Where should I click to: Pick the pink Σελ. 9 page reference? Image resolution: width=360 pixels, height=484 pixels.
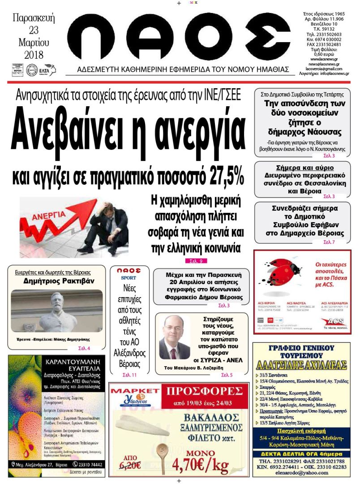(196, 261)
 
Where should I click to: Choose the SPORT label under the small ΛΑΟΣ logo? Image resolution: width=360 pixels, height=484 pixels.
(129, 278)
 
